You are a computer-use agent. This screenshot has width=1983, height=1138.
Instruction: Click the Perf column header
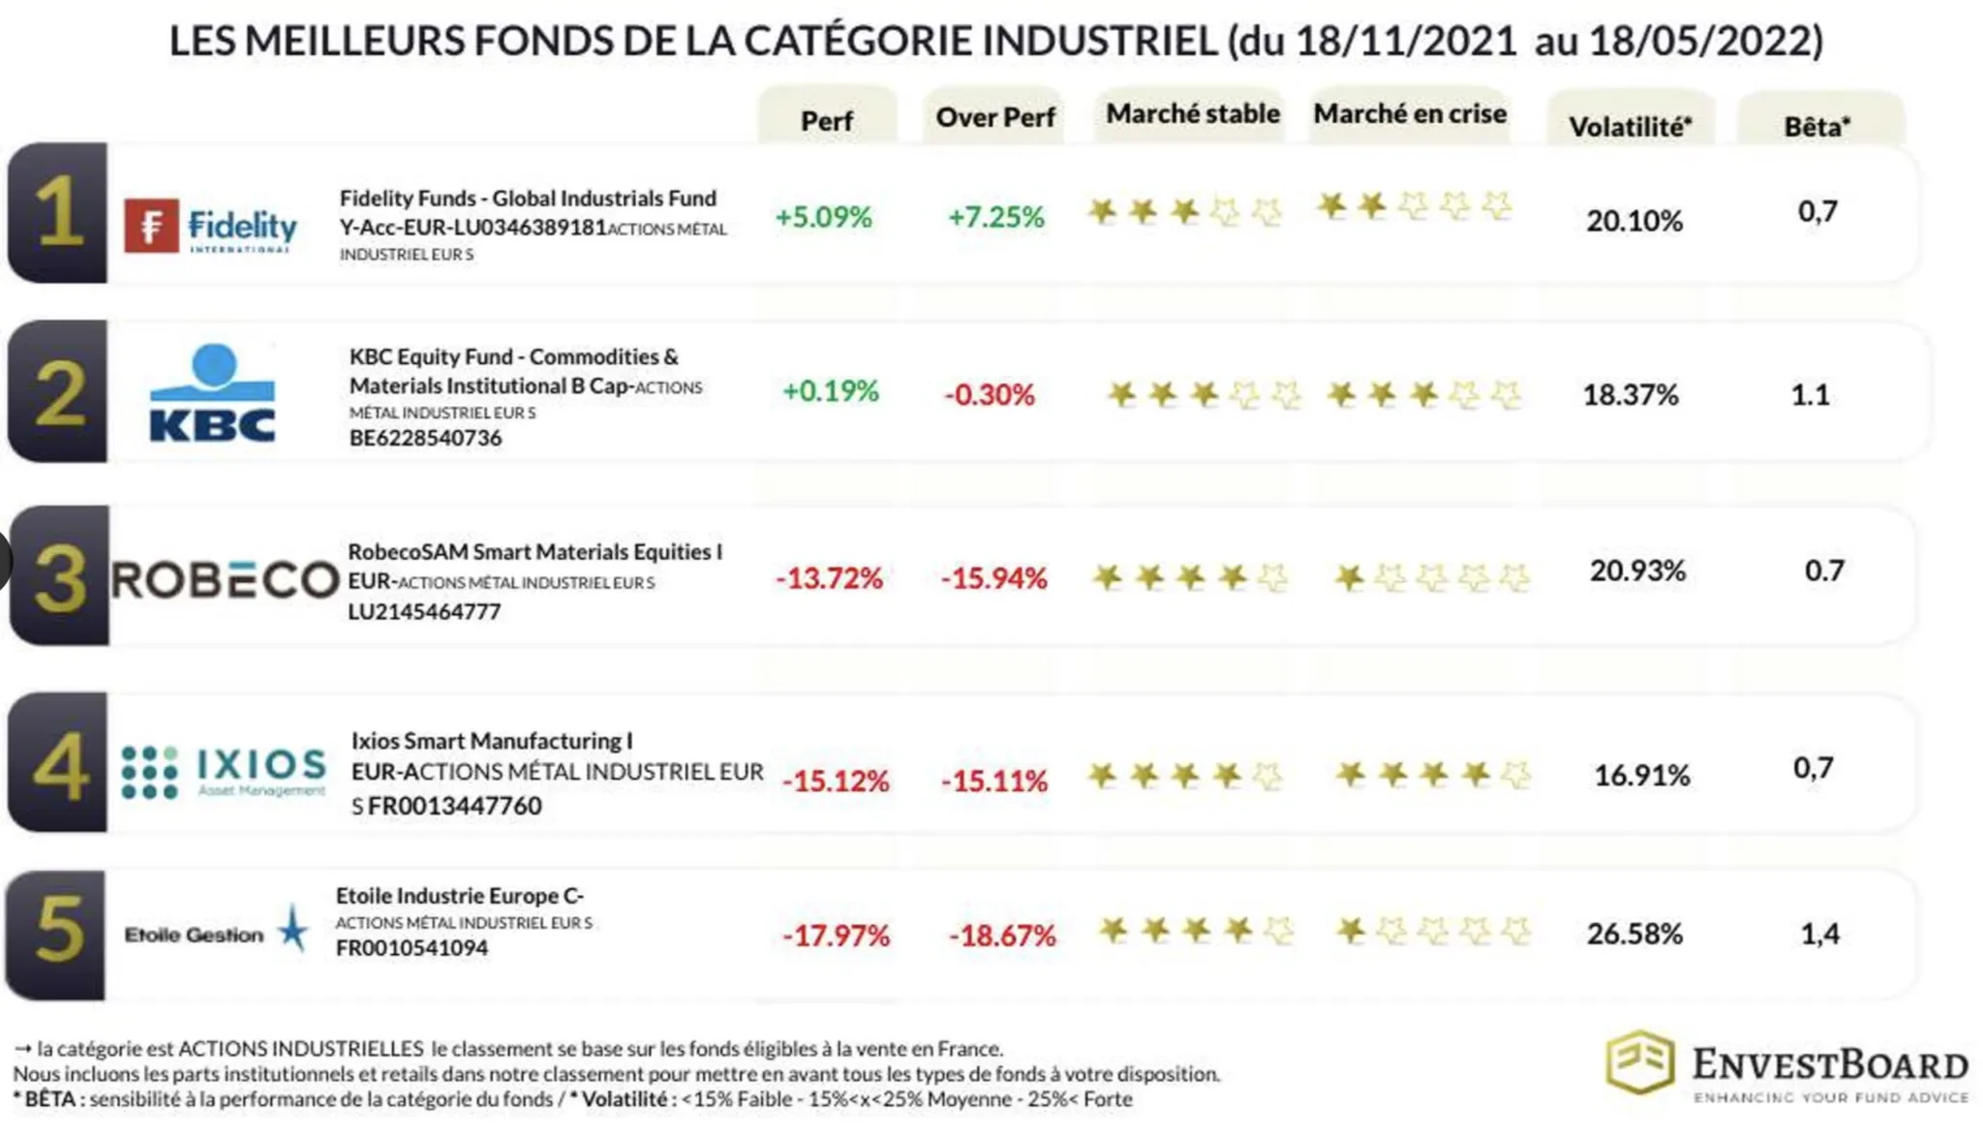pyautogui.click(x=827, y=121)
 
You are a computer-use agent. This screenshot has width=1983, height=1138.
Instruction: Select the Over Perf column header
pyautogui.click(x=994, y=118)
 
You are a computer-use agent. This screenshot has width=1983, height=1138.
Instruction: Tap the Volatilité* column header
pyautogui.click(x=1631, y=127)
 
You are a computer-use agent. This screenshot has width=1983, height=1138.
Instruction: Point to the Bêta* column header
pyautogui.click(x=1816, y=127)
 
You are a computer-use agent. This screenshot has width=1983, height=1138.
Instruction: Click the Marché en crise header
pyautogui.click(x=1410, y=114)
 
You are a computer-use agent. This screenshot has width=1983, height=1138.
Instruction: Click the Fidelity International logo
pyautogui.click(x=211, y=226)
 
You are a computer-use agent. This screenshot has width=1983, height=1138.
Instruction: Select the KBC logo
pyautogui.click(x=213, y=392)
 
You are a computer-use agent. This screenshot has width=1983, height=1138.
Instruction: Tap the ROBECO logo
pyautogui.click(x=226, y=580)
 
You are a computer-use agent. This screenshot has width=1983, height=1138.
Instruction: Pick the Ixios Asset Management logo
pyautogui.click(x=224, y=772)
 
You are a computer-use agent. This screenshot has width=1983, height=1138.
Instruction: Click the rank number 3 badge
pyautogui.click(x=59, y=577)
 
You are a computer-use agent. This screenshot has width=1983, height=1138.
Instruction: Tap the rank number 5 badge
pyautogui.click(x=58, y=932)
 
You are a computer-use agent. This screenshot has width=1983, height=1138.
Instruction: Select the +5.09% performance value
pyautogui.click(x=824, y=217)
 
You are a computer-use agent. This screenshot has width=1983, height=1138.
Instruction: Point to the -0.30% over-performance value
pyautogui.click(x=990, y=395)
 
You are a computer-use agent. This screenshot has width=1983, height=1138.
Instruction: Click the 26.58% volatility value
pyautogui.click(x=1634, y=935)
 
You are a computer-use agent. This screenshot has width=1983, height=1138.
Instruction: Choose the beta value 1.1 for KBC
pyautogui.click(x=1810, y=395)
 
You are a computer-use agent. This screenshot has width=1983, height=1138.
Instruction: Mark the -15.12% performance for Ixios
pyautogui.click(x=836, y=781)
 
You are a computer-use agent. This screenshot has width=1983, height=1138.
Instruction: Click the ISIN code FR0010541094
pyautogui.click(x=412, y=948)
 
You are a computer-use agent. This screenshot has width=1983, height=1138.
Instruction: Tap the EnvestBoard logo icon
pyautogui.click(x=1639, y=1062)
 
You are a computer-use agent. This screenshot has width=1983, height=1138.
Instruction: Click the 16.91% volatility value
pyautogui.click(x=1641, y=776)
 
